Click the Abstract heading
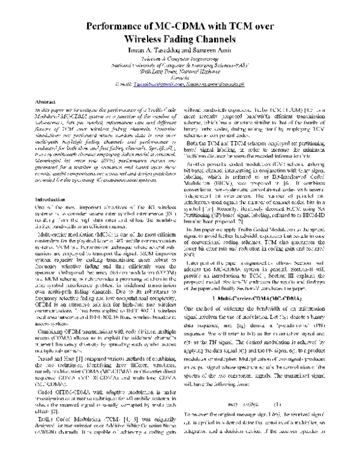(46, 103)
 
